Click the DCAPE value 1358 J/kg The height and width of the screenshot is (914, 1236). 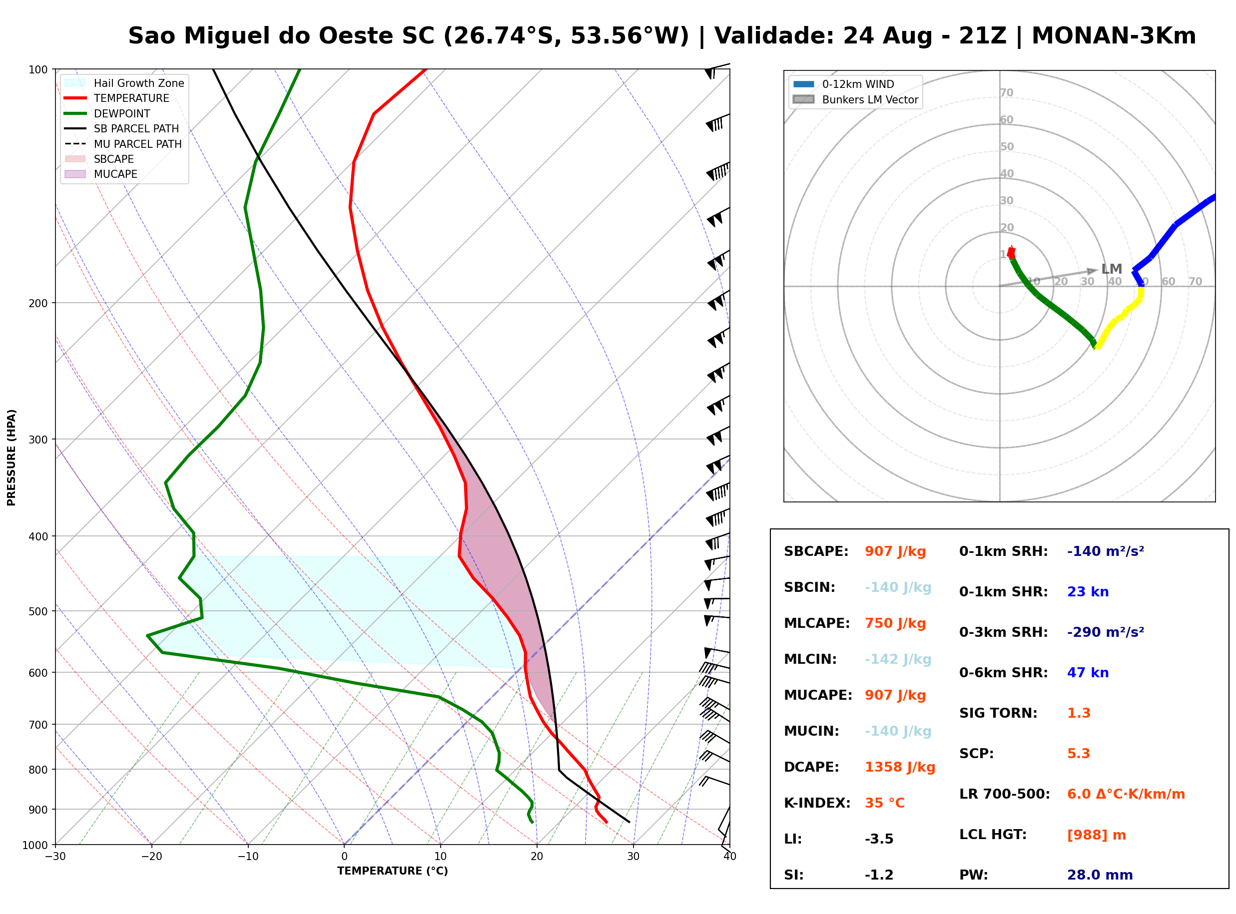coord(900,767)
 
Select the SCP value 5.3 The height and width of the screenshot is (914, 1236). coord(1078,754)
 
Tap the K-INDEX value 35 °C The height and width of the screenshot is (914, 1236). coord(885,803)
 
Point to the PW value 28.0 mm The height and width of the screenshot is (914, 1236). coord(1100,875)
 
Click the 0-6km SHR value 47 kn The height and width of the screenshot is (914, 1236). coord(1088,673)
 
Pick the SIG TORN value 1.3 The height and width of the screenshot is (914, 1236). coord(1078,713)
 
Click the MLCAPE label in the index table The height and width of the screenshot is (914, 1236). coord(817,623)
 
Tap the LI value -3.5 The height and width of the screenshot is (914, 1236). coord(879,839)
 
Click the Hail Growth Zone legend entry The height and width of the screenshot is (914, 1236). coord(124,83)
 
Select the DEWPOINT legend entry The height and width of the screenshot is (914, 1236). coord(107,113)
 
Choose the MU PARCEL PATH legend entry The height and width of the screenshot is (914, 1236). coord(123,144)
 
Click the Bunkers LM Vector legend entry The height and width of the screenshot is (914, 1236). coord(856,99)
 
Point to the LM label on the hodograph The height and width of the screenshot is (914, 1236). coord(1112,269)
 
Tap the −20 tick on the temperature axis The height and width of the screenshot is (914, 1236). coord(151,857)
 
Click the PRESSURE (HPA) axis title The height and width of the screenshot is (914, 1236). coord(11,457)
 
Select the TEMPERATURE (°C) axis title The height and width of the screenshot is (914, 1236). coord(392,871)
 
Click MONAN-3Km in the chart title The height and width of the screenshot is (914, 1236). coord(1114,36)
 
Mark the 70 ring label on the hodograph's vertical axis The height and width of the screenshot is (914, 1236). coord(1006,92)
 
